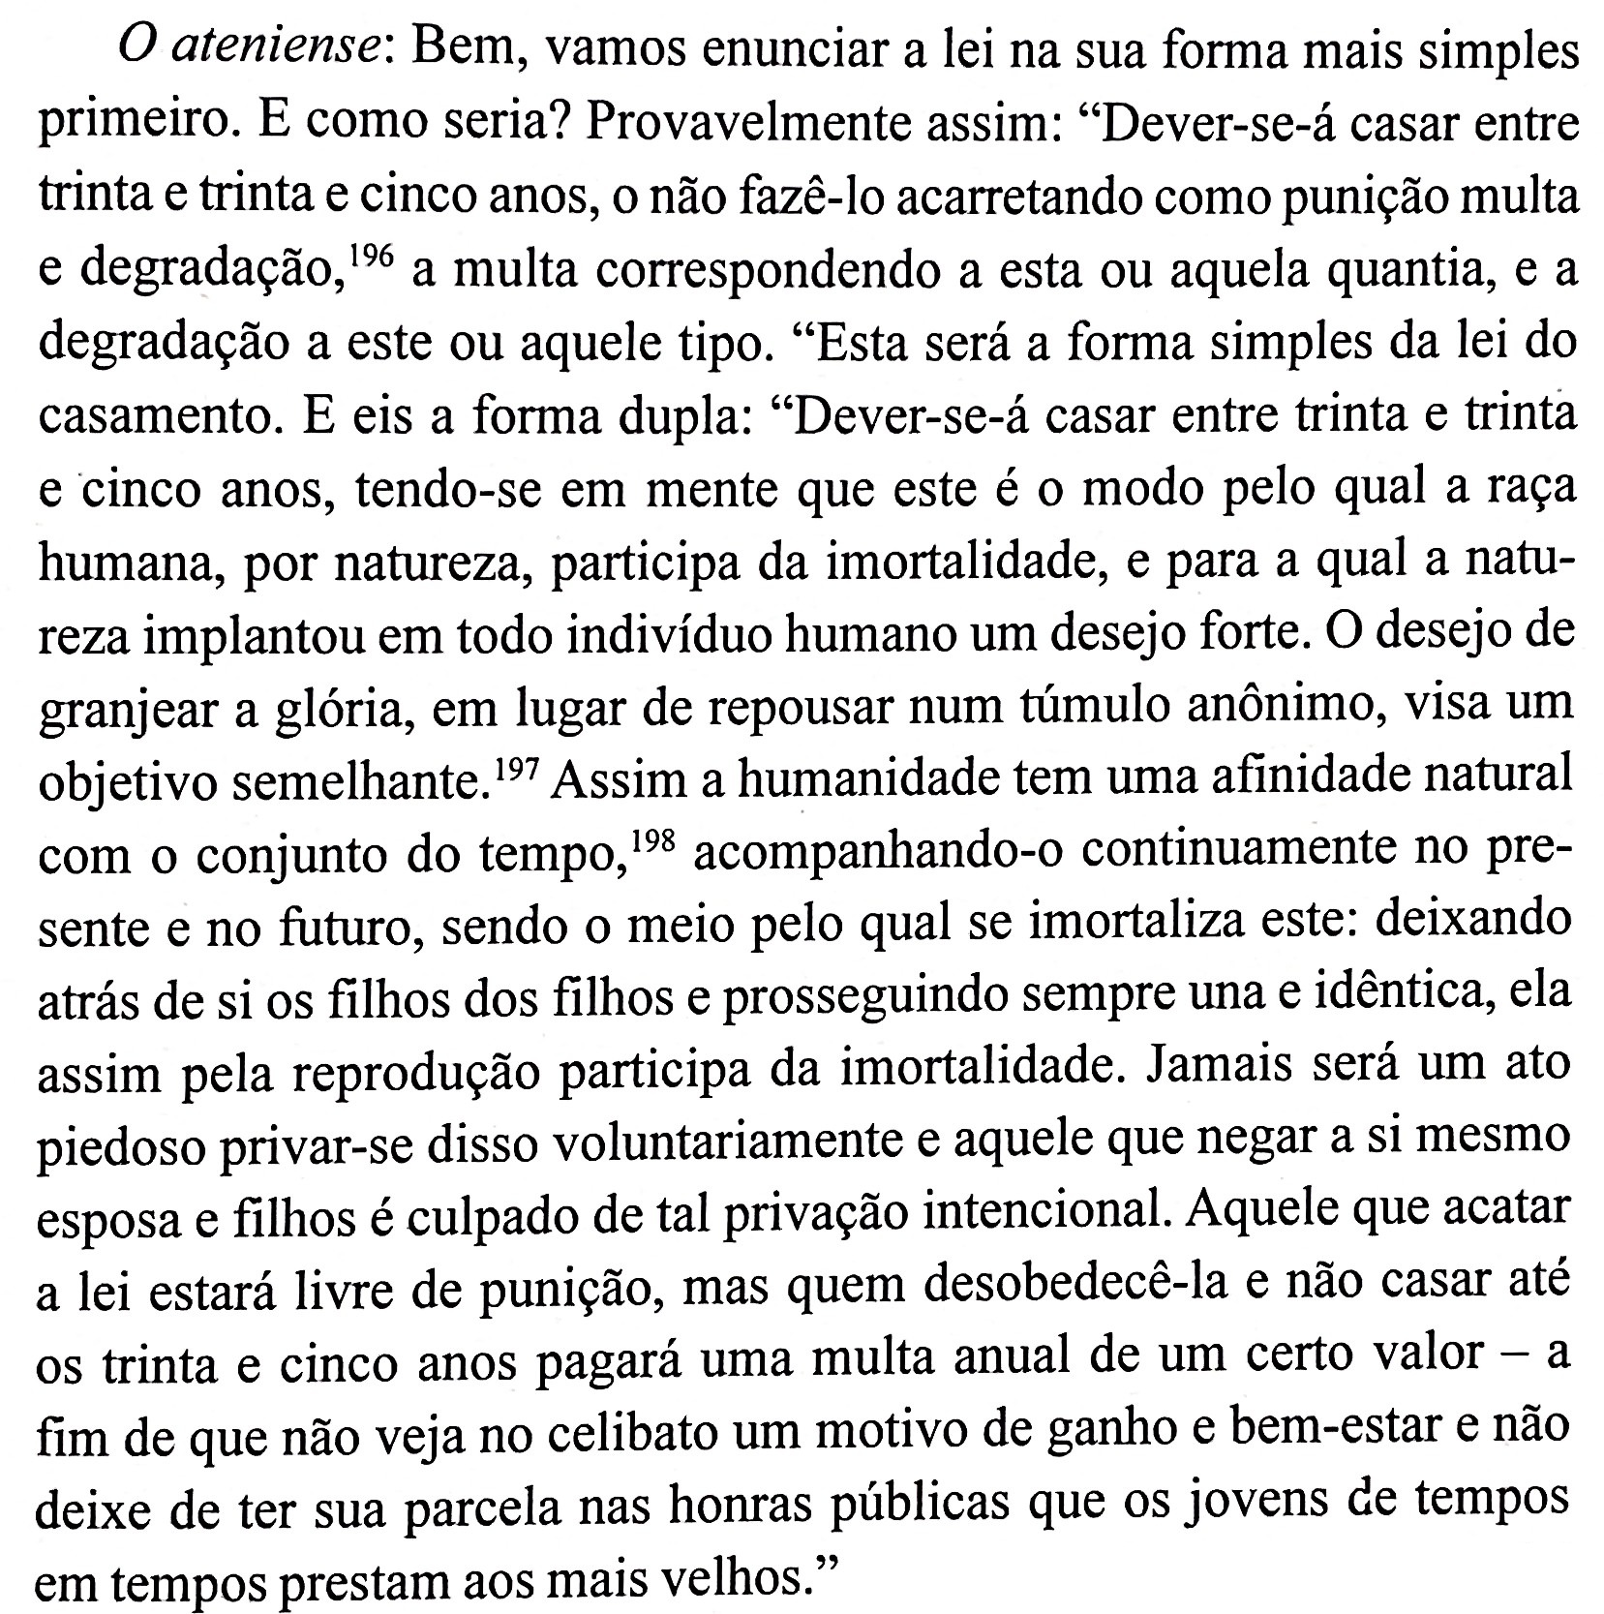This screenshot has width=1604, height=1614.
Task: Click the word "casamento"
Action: [158, 416]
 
